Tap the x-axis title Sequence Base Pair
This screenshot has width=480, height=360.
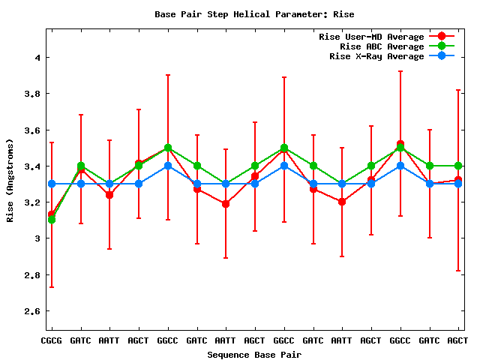254,354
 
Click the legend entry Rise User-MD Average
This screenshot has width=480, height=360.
371,37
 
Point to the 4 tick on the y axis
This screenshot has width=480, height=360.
36,58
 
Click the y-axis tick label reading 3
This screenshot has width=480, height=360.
36,238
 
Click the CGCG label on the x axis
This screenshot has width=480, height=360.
51,340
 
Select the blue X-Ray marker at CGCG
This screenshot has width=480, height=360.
51,184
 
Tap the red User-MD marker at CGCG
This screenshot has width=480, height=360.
51,214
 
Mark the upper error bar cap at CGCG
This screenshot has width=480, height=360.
51,142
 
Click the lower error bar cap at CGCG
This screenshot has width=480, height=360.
51,286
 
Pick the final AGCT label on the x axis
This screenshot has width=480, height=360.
457,340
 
